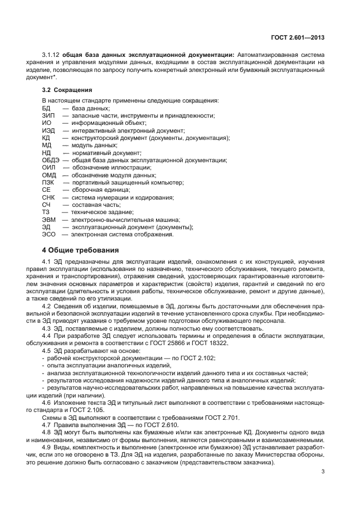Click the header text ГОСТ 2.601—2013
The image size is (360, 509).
click(x=298, y=37)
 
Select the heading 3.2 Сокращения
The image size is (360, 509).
click(x=67, y=89)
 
